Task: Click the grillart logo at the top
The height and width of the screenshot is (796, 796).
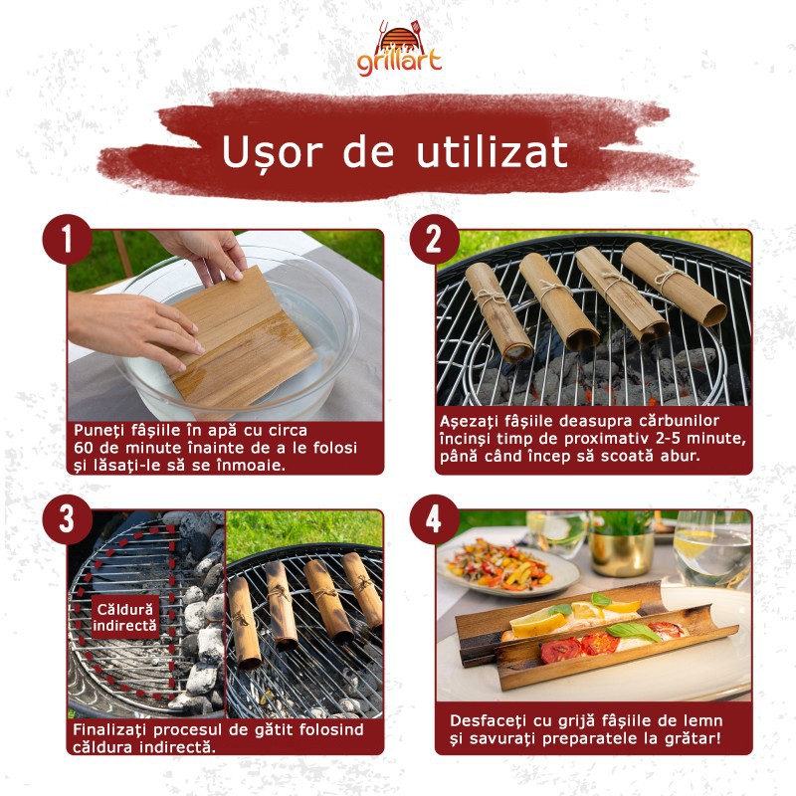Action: [399, 49]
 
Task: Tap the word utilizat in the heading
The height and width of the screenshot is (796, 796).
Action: [492, 152]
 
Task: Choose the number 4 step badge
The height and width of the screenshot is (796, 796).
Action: [434, 519]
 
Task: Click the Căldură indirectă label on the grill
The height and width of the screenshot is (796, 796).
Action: [124, 617]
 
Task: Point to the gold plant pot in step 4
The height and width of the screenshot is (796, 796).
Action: [620, 552]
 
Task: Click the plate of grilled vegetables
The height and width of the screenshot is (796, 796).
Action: [507, 566]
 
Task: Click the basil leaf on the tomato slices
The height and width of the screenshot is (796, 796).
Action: [634, 631]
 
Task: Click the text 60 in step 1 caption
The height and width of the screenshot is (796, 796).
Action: [84, 448]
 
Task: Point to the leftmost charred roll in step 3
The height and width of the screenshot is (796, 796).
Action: [244, 622]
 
